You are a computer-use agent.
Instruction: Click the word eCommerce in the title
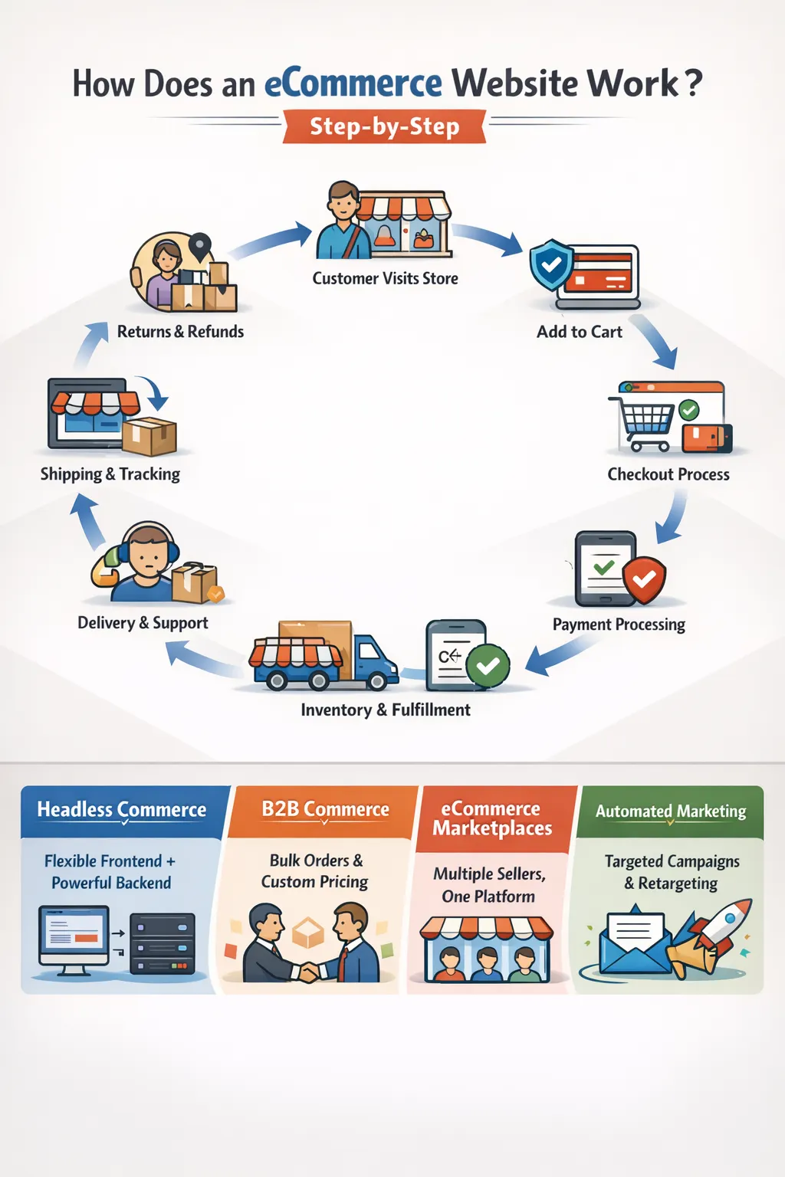pyautogui.click(x=353, y=84)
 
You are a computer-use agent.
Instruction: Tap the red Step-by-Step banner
pyautogui.click(x=385, y=126)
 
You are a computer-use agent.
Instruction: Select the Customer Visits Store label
pyautogui.click(x=385, y=279)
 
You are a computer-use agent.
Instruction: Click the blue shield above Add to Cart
pyautogui.click(x=551, y=265)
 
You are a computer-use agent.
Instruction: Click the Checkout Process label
pyautogui.click(x=668, y=474)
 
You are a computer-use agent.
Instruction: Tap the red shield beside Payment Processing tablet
pyautogui.click(x=644, y=579)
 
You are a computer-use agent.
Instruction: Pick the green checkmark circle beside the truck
pyautogui.click(x=488, y=666)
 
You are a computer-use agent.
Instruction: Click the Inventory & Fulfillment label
pyautogui.click(x=385, y=710)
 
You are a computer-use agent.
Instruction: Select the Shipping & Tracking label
pyautogui.click(x=110, y=474)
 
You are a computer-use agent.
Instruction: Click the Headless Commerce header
pyautogui.click(x=122, y=810)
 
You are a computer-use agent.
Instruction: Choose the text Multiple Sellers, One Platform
pyautogui.click(x=489, y=885)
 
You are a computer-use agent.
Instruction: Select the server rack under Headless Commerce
pyautogui.click(x=162, y=943)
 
